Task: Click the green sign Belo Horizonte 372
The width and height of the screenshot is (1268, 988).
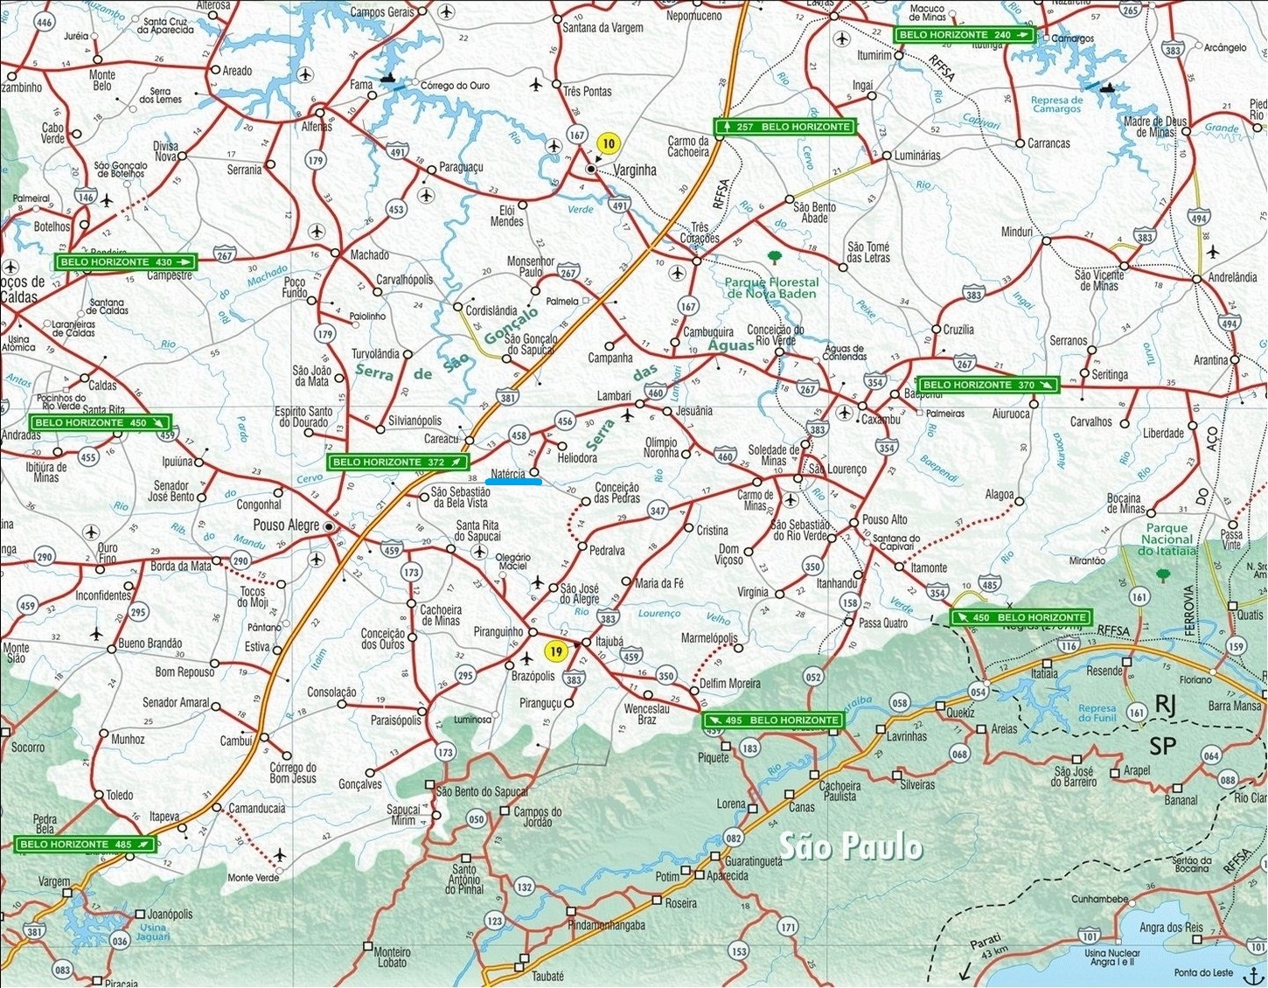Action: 398,462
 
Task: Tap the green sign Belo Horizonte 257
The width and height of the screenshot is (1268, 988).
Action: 784,127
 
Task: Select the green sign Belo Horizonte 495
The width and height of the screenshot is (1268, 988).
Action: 774,720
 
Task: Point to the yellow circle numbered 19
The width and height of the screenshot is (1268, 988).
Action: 555,651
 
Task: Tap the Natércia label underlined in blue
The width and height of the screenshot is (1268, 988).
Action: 508,474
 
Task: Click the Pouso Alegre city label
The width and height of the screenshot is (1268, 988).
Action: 286,525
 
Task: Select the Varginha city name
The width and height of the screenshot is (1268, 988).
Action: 635,170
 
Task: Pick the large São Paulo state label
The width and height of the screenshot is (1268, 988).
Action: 850,846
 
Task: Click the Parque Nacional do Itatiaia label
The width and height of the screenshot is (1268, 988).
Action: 1167,539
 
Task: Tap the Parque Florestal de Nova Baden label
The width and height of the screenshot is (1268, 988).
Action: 772,288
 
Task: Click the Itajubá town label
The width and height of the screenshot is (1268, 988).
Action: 610,642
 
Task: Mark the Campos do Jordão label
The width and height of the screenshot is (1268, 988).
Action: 538,817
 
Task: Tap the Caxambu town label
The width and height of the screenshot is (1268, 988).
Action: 881,420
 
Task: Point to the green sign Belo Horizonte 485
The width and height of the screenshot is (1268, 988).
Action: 86,845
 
